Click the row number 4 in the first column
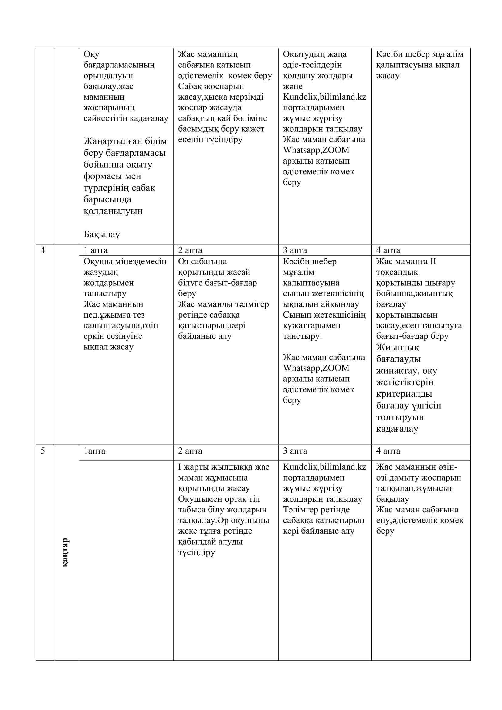pyautogui.click(x=43, y=250)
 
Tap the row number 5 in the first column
pyautogui.click(x=43, y=450)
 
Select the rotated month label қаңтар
pyautogui.click(x=65, y=552)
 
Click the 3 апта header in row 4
pyautogui.click(x=295, y=250)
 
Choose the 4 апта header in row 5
pyautogui.click(x=388, y=450)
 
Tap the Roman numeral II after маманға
pyautogui.click(x=432, y=262)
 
